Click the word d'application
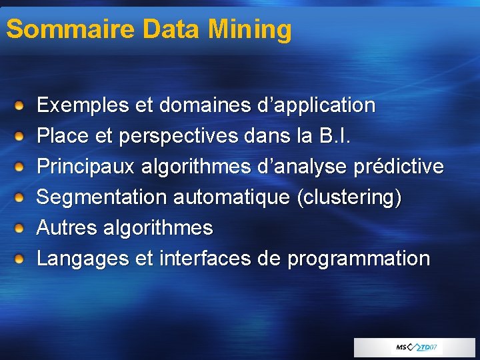coord(316,105)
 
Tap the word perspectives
coord(178,136)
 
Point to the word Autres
coord(67,228)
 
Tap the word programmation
coord(359,259)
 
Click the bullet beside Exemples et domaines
coord(21,105)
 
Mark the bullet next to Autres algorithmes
coord(21,228)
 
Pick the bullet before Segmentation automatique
coord(21,197)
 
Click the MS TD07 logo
coord(415,347)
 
